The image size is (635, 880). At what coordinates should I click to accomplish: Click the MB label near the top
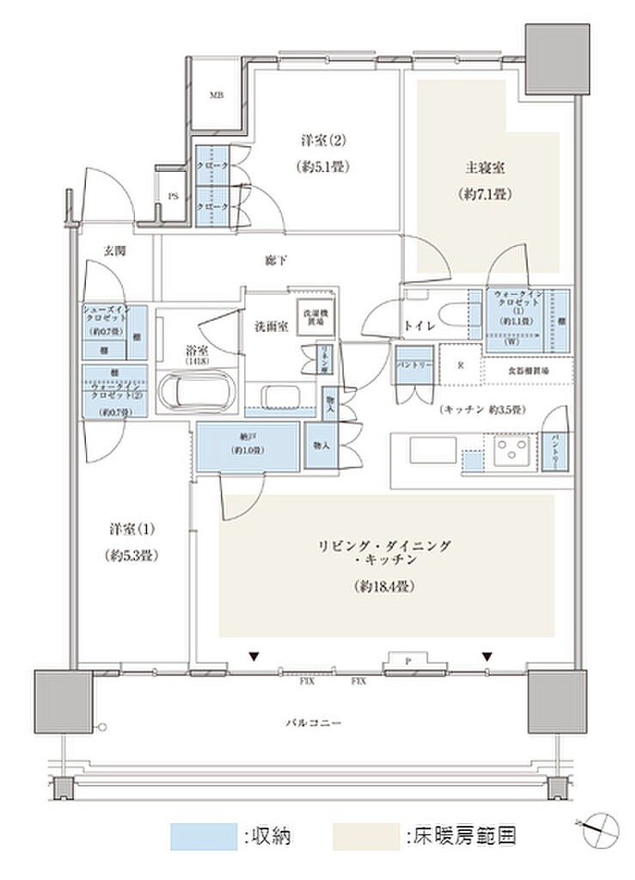tap(217, 95)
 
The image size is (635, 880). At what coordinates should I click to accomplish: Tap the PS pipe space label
tap(173, 196)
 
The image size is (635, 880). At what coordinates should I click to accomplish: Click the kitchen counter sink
tap(422, 450)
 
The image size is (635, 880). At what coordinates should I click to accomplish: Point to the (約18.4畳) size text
tap(384, 588)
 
